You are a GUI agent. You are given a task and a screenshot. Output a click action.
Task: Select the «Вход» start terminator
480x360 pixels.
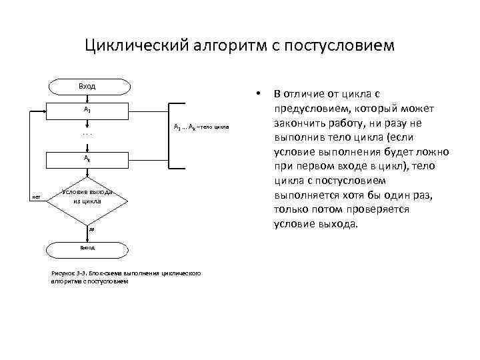pyautogui.click(x=87, y=86)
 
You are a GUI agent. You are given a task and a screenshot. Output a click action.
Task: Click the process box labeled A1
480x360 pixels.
pyautogui.click(x=87, y=108)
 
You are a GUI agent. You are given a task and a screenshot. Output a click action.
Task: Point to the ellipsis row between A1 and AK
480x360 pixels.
pyautogui.click(x=87, y=133)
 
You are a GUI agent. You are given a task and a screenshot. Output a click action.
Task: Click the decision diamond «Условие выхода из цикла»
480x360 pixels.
pyautogui.click(x=87, y=196)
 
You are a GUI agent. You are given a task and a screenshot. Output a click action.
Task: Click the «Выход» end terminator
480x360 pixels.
pyautogui.click(x=87, y=247)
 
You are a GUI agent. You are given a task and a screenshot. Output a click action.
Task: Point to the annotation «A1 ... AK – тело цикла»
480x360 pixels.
pyautogui.click(x=201, y=126)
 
